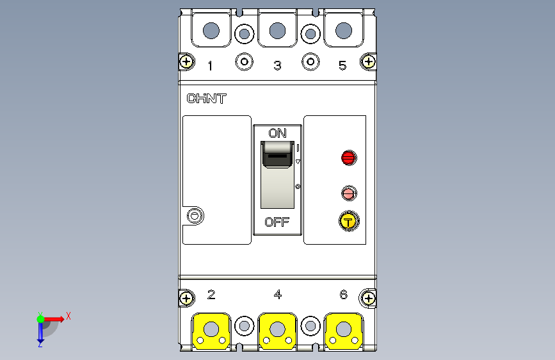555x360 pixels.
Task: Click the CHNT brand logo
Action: pos(206,99)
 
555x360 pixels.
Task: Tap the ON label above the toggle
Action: pos(278,133)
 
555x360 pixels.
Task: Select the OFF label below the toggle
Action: pos(277,222)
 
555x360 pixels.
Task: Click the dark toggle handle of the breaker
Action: pos(278,154)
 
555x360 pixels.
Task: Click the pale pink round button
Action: pos(349,193)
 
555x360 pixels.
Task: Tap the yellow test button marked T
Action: pos(349,222)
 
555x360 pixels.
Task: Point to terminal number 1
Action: pos(210,65)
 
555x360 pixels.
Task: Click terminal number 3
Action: pos(278,65)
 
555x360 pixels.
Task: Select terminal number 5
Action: pos(342,65)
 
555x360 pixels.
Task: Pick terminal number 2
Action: pos(211,295)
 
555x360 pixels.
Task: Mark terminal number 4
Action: pos(278,295)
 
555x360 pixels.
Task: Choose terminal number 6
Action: pos(344,295)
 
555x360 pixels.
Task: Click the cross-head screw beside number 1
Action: pos(186,61)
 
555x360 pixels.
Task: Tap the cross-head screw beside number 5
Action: pos(369,61)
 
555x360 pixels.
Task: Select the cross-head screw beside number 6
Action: pos(369,299)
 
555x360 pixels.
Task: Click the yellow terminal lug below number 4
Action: pos(278,331)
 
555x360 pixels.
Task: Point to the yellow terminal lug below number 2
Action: pos(211,331)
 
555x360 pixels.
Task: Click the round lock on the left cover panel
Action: pos(195,215)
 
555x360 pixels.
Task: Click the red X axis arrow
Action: pos(53,319)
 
